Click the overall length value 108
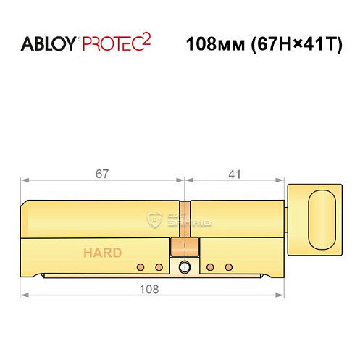148,287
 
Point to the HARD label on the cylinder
102,253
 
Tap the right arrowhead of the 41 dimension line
282,181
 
